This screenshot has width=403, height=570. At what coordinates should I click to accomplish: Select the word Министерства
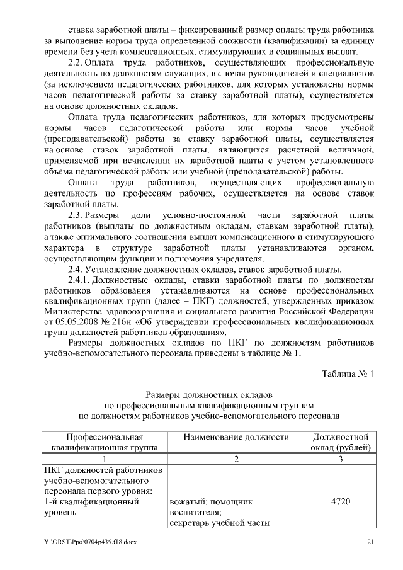pyautogui.click(x=76, y=311)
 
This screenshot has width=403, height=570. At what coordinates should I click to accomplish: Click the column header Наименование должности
pyautogui.click(x=236, y=437)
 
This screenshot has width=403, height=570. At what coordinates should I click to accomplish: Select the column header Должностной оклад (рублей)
pyautogui.click(x=340, y=442)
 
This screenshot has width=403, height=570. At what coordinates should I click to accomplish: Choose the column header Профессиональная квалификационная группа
pyautogui.click(x=105, y=442)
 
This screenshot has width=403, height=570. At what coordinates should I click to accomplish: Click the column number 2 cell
pyautogui.click(x=236, y=459)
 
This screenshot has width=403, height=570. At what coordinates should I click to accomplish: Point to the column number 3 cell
pyautogui.click(x=340, y=459)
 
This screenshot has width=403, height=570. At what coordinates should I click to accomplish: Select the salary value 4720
pyautogui.click(x=340, y=502)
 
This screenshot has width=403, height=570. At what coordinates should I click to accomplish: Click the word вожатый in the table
pyautogui.click(x=188, y=502)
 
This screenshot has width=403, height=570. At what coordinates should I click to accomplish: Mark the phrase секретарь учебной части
pyautogui.click(x=219, y=523)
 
